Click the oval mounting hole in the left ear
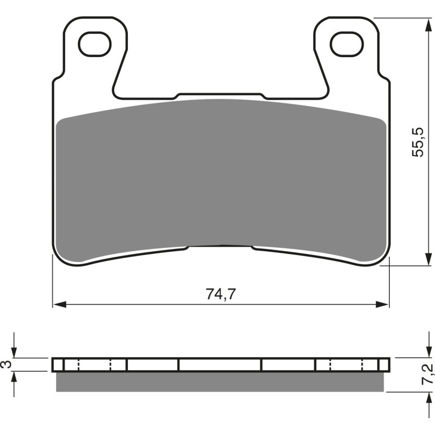tap(95, 44)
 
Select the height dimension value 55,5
tap(417, 142)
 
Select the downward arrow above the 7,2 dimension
tap(425, 352)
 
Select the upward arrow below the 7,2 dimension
tap(425, 397)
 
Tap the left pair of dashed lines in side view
tap(95, 364)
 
